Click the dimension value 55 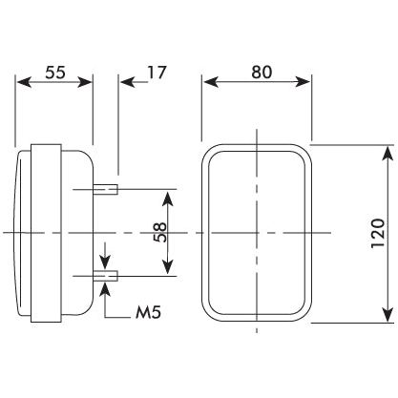[x=54, y=71]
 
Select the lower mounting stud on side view [x=107, y=277]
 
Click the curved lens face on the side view [x=22, y=233]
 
